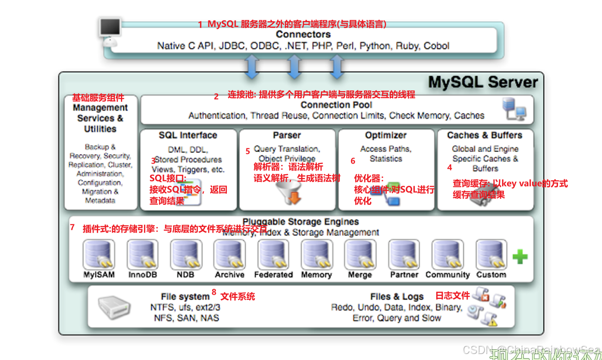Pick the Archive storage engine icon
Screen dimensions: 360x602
pyautogui.click(x=229, y=254)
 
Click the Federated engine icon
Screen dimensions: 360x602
pyautogui.click(x=273, y=254)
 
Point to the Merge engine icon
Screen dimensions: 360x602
pyautogui.click(x=360, y=254)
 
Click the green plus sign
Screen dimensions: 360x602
pyautogui.click(x=520, y=256)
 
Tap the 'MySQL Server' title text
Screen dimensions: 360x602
pyautogui.click(x=483, y=82)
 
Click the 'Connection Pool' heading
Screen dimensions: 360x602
pyautogui.click(x=337, y=105)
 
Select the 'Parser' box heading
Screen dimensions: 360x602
pyautogui.click(x=287, y=135)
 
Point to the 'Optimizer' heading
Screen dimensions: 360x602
pyautogui.click(x=386, y=135)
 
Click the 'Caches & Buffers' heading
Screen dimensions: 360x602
pyautogui.click(x=484, y=135)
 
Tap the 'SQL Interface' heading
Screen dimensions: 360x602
pyautogui.click(x=188, y=135)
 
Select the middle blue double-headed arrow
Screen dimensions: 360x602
pyautogui.click(x=295, y=67)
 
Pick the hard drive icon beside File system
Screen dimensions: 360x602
pyautogui.click(x=114, y=306)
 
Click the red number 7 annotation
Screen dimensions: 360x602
pyautogui.click(x=72, y=227)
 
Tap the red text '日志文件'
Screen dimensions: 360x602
pyautogui.click(x=452, y=296)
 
